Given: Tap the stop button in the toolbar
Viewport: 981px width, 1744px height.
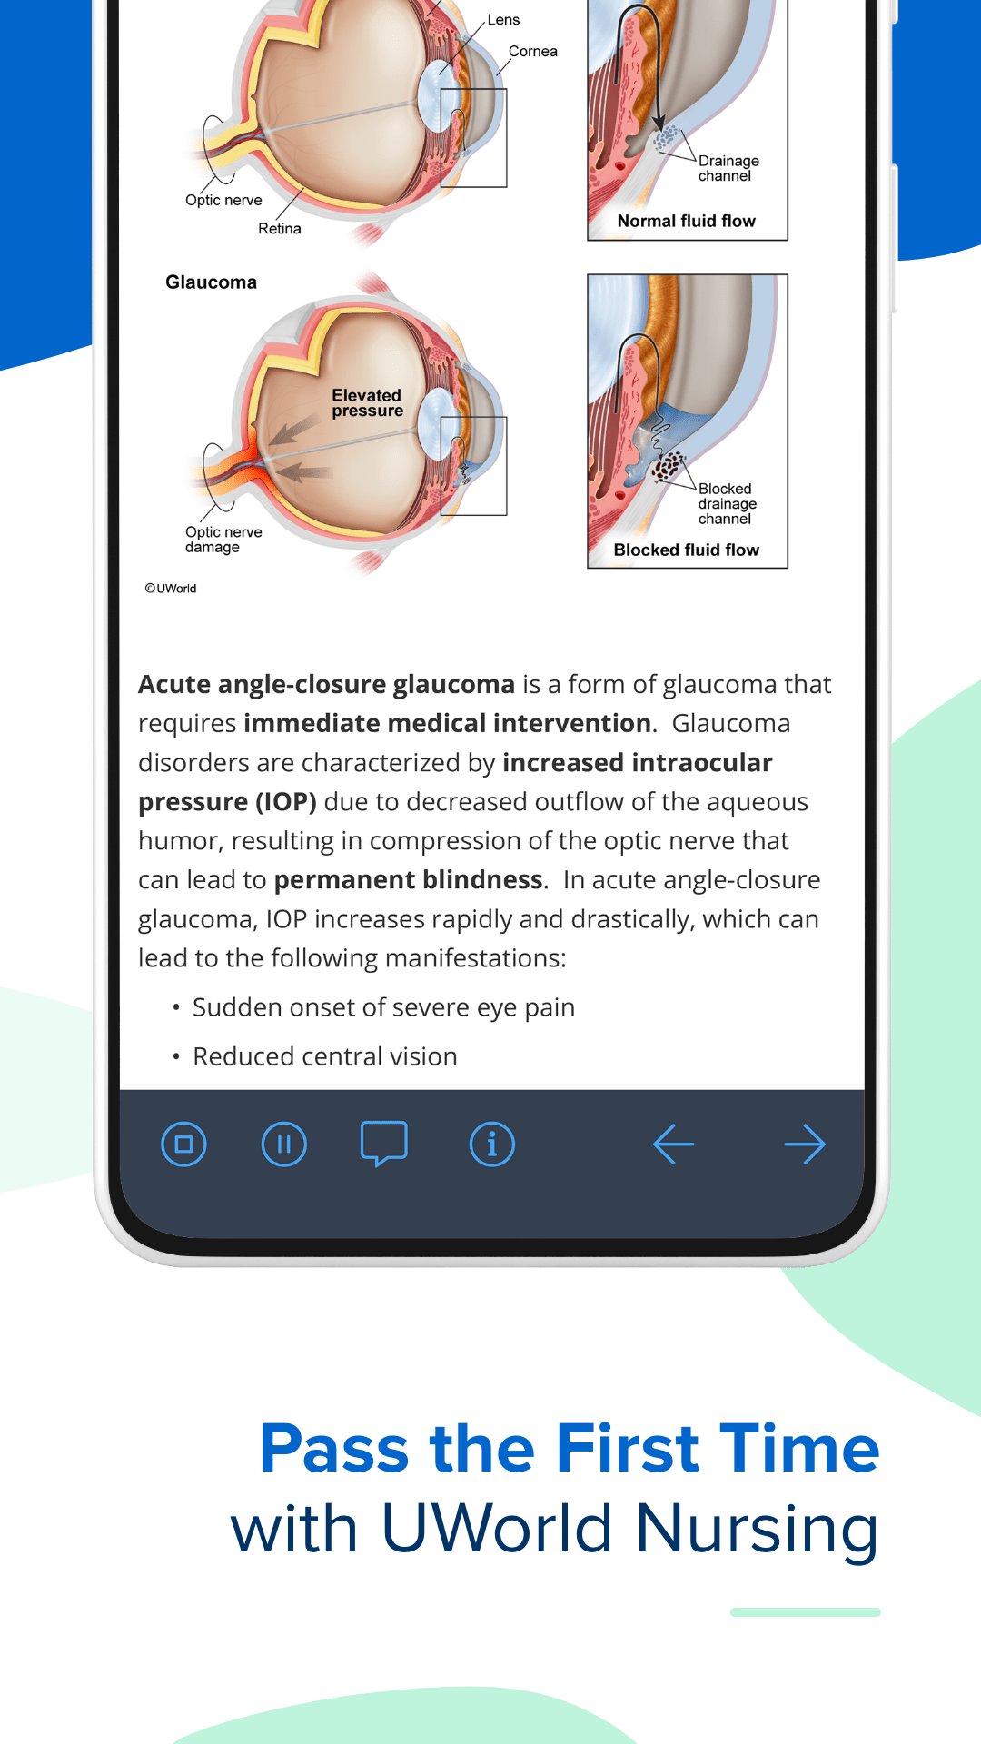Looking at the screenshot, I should (x=183, y=1144).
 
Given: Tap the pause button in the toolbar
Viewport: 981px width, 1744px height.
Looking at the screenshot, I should (x=283, y=1144).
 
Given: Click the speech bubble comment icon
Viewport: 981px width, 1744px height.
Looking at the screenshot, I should (x=383, y=1144).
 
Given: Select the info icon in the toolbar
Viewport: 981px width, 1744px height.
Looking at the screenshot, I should (x=491, y=1144).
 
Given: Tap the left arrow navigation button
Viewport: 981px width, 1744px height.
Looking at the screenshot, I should (x=673, y=1144).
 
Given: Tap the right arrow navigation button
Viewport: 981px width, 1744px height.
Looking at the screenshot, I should (x=805, y=1144).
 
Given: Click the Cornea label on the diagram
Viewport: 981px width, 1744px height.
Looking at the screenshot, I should (x=533, y=52).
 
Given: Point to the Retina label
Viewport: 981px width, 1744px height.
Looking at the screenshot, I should (x=279, y=229).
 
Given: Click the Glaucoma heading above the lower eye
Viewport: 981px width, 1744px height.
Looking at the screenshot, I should (x=211, y=282).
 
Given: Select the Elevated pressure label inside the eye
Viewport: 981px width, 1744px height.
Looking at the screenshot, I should (x=367, y=402).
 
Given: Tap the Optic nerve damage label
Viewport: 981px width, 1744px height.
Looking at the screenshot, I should (x=223, y=540).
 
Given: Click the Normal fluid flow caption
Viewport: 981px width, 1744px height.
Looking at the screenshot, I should (x=686, y=221).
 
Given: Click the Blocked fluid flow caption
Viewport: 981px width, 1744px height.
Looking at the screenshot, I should (x=686, y=550).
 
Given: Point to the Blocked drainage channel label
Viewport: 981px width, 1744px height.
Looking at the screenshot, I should (x=727, y=503).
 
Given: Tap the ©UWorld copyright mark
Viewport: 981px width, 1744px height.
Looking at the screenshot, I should (x=171, y=589).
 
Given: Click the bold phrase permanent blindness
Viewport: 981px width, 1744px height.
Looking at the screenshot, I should (x=408, y=880).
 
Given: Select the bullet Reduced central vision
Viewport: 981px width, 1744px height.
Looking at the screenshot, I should (x=324, y=1056).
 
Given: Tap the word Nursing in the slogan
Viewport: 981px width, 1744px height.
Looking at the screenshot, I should (x=757, y=1528).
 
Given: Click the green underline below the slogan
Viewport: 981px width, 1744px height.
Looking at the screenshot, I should (x=805, y=1612).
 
